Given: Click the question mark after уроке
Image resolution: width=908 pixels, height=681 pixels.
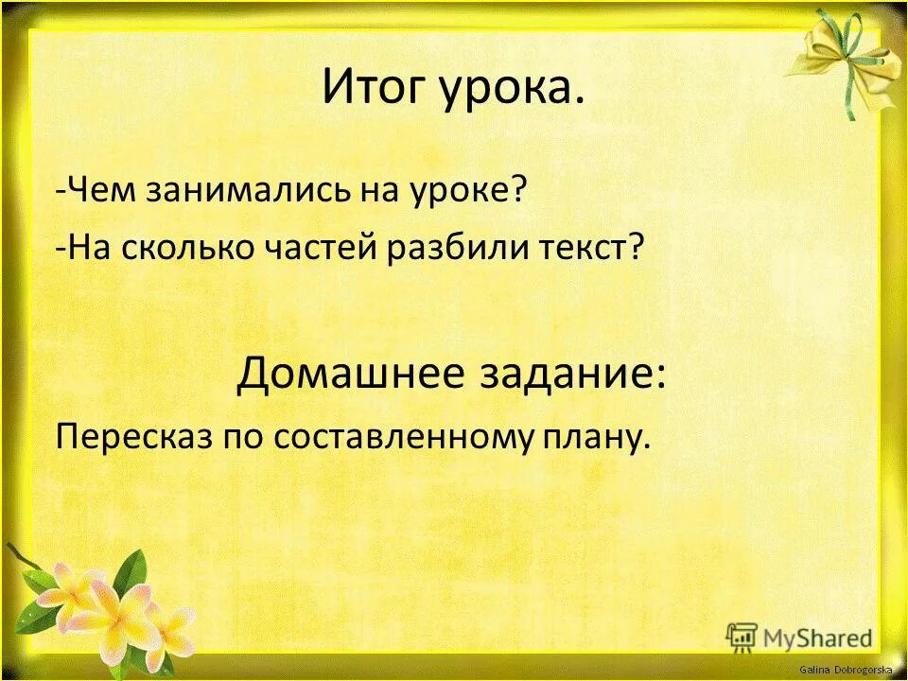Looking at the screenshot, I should click(x=518, y=193).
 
